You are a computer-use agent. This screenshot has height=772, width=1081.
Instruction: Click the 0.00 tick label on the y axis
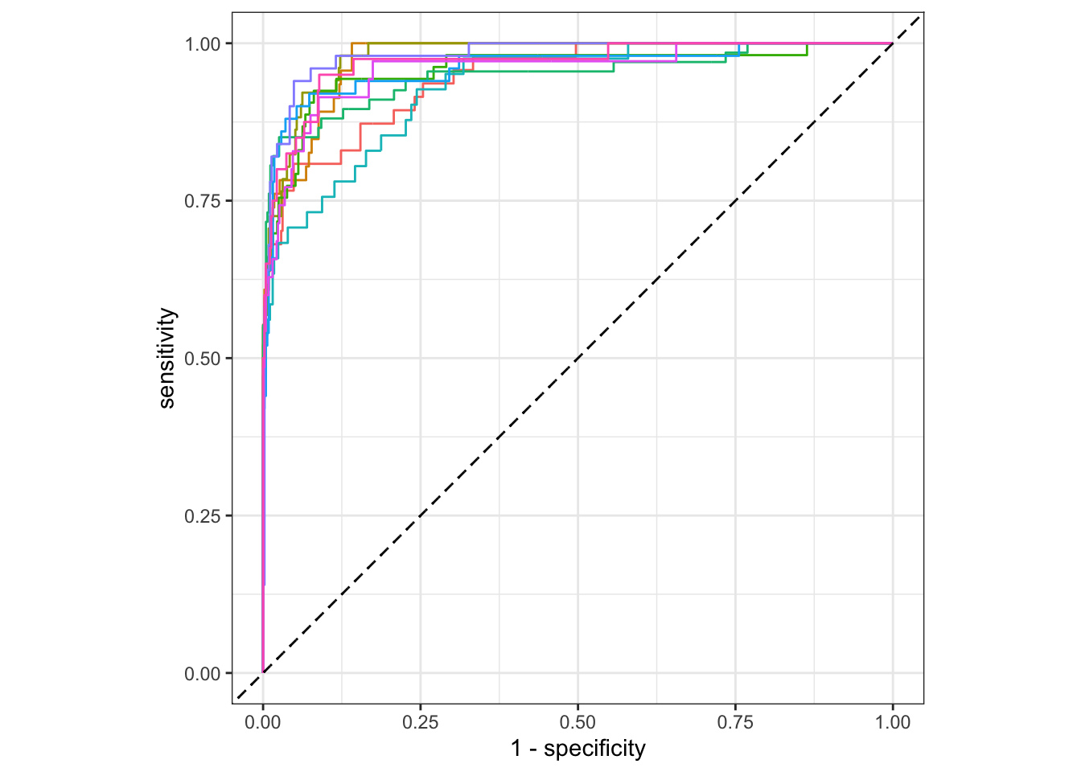pyautogui.click(x=202, y=674)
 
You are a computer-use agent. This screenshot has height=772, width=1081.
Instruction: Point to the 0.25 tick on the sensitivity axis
pyautogui.click(x=202, y=516)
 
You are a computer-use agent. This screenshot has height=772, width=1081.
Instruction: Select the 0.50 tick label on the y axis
pyautogui.click(x=202, y=359)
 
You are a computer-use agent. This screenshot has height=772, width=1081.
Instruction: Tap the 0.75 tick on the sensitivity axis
pyautogui.click(x=202, y=201)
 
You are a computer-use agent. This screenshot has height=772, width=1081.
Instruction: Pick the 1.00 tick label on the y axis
pyautogui.click(x=202, y=43)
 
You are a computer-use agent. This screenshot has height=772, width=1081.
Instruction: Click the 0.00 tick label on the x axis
pyautogui.click(x=263, y=722)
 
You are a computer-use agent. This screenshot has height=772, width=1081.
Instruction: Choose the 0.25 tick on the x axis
pyautogui.click(x=421, y=722)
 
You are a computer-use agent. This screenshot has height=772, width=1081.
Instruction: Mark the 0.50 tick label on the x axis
pyautogui.click(x=577, y=722)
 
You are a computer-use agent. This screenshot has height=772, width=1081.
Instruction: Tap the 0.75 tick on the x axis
pyautogui.click(x=735, y=722)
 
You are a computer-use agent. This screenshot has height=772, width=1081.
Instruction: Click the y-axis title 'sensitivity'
pyautogui.click(x=166, y=358)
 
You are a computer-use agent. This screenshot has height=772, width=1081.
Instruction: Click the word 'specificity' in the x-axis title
pyautogui.click(x=594, y=749)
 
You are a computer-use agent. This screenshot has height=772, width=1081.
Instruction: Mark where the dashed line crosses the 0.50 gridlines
pyautogui.click(x=577, y=358)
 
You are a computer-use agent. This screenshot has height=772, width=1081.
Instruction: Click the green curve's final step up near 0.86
pyautogui.click(x=807, y=49)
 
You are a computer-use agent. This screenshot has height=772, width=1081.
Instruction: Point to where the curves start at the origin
pyautogui.click(x=263, y=672)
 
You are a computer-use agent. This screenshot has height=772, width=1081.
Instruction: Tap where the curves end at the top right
pyautogui.click(x=892, y=43)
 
